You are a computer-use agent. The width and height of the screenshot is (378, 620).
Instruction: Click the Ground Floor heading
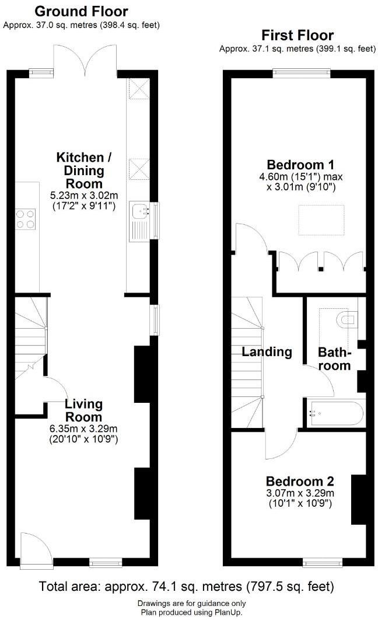[81, 11]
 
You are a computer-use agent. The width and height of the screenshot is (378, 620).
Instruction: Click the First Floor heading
[297, 36]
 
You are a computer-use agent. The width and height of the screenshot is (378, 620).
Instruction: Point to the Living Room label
[83, 410]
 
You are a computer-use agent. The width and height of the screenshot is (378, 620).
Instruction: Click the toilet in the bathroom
[348, 319]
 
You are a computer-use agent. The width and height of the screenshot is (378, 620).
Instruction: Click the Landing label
[267, 351]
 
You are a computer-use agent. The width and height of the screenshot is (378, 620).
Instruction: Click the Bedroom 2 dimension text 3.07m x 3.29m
[300, 493]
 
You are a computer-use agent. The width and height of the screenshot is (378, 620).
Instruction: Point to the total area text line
[187, 586]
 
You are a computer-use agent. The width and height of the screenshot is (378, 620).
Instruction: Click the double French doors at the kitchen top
[85, 58]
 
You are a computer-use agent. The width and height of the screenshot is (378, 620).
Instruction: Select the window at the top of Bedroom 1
[302, 73]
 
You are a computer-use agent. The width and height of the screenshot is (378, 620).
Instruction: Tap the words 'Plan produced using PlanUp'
[191, 612]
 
